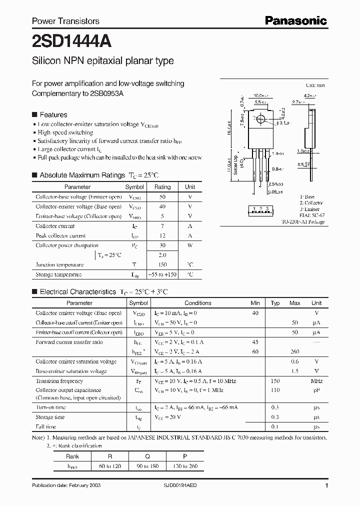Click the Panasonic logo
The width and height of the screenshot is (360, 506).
tap(295, 20)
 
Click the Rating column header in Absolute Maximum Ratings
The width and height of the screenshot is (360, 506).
tap(162, 187)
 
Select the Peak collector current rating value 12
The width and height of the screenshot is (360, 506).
tap(162, 235)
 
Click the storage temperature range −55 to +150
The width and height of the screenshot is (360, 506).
tap(162, 274)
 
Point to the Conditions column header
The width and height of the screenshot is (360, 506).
tap(197, 303)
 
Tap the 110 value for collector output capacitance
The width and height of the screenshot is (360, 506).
tap(275, 390)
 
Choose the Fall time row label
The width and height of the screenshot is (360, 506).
tap(46, 427)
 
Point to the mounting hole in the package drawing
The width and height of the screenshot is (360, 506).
tap(260, 120)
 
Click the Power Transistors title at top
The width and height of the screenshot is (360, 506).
tap(65, 21)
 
